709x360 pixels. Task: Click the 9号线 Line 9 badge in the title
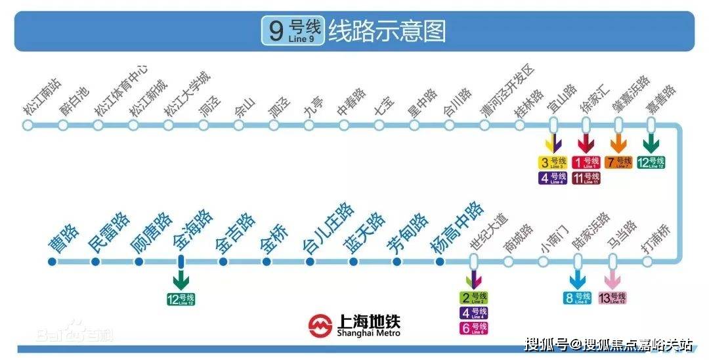292,30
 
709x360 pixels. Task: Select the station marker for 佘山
239,124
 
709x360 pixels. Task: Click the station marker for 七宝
379,124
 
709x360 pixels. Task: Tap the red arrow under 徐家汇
586,144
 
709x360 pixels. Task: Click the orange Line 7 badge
618,162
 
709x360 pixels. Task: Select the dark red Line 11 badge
586,178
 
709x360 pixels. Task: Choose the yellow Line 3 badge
553,162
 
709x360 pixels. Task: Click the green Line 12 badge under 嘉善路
651,162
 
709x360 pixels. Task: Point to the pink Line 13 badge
612,298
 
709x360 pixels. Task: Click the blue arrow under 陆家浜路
578,279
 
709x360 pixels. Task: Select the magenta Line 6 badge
473,328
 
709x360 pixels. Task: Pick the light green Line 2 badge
473,298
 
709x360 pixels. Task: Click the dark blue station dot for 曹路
53,262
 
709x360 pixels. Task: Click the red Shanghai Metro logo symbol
321,325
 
